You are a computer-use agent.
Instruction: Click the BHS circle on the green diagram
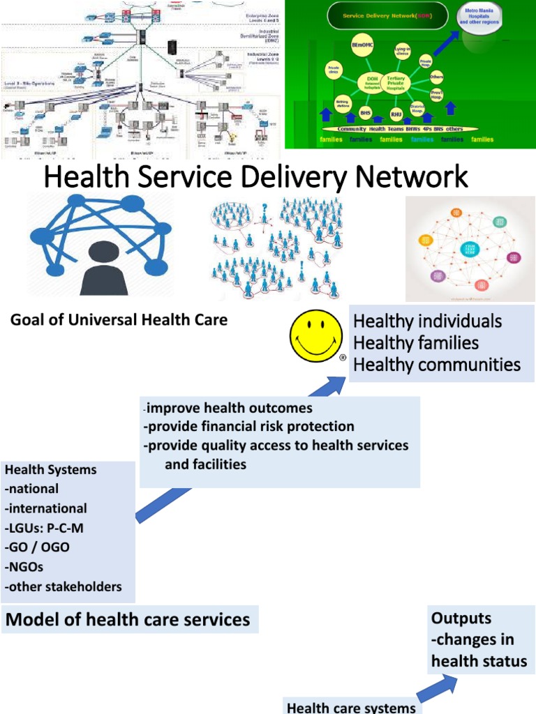coord(365,111)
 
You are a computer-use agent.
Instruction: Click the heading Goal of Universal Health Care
coord(119,320)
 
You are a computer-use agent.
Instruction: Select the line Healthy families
coord(416,343)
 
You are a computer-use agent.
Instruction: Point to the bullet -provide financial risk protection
coord(249,426)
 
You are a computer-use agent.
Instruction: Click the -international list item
coord(46,508)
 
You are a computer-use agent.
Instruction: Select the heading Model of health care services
coord(128,619)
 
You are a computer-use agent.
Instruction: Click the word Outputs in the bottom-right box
coord(461,618)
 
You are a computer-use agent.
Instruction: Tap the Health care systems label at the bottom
coord(351,707)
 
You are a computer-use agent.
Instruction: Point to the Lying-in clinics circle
coord(402,51)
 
